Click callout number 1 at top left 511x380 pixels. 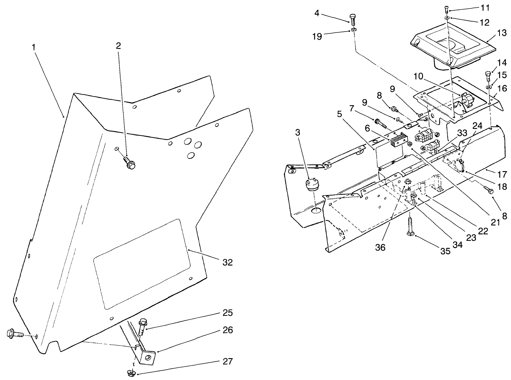pos(33,47)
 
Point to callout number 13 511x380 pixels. pos(501,33)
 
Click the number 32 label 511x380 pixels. pos(227,262)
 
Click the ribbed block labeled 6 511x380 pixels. pos(396,141)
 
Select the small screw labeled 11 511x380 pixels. pos(446,8)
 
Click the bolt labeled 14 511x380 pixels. pos(488,77)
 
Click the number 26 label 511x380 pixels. pos(228,330)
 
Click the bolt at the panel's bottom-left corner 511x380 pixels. pos(14,334)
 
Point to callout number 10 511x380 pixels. pos(418,76)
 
